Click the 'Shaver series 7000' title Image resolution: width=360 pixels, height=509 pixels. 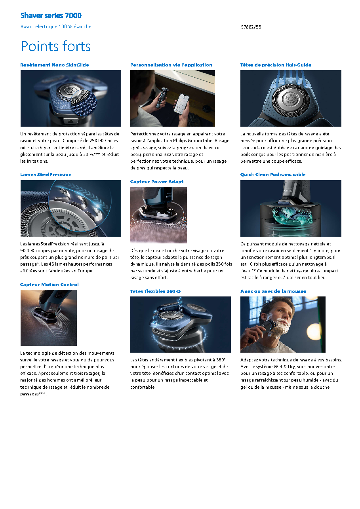[51, 15]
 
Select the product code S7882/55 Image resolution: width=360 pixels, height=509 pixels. [251, 27]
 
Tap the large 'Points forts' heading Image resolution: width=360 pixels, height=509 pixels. [56, 46]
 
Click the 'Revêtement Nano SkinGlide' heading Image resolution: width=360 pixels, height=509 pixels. [55, 65]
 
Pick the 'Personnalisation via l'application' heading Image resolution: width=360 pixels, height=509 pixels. [171, 65]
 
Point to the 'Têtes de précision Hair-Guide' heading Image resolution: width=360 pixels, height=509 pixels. [276, 65]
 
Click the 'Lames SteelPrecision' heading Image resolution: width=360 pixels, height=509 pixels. [46, 175]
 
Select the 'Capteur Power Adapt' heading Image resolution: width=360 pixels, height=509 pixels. [157, 182]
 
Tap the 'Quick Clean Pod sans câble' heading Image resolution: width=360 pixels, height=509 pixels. [273, 175]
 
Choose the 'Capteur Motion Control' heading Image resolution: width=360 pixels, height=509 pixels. [50, 285]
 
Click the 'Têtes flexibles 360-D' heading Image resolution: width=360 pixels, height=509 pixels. [156, 291]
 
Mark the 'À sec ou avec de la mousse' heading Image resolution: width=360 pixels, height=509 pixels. [273, 291]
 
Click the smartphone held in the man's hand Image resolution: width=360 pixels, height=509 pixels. [181, 104]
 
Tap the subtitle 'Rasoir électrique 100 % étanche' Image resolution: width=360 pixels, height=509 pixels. [56, 27]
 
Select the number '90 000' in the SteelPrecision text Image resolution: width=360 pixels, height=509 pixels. [27, 251]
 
